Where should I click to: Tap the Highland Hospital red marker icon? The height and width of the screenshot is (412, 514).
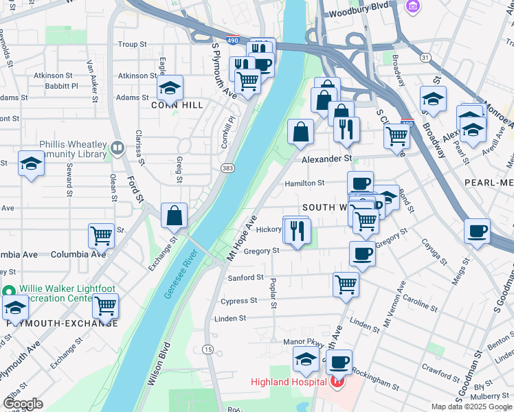tap(337, 382)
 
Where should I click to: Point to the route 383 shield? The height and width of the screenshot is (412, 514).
tap(227, 168)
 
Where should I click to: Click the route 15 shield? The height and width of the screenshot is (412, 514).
tap(208, 350)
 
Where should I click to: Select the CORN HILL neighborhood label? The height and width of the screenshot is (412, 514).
tap(178, 105)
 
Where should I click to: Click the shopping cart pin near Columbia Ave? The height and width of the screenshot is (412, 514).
tap(102, 236)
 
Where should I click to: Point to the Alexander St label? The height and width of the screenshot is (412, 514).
tap(327, 159)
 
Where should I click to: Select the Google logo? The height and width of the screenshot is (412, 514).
tap(23, 404)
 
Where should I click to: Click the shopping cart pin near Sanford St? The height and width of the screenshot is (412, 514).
tap(346, 283)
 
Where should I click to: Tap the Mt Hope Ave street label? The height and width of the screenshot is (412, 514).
tap(242, 238)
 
